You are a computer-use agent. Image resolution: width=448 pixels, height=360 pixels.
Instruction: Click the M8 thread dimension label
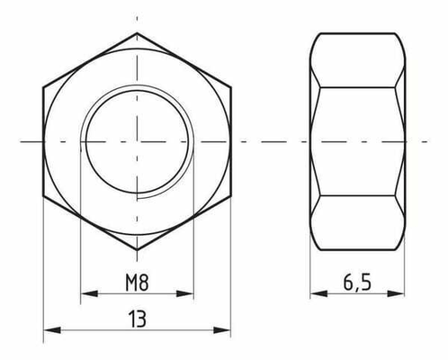(138, 280)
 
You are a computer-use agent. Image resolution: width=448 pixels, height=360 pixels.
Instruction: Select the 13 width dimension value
(138, 319)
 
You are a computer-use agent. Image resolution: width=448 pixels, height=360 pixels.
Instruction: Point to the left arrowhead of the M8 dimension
(85, 293)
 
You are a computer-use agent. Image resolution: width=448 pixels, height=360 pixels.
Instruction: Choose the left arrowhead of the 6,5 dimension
(315, 293)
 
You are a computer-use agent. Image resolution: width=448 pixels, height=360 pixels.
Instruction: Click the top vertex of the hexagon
(138, 34)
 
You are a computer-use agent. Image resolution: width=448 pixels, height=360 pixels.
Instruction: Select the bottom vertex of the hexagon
(138, 248)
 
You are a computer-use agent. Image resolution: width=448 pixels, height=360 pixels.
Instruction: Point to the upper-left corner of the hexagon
(44, 87)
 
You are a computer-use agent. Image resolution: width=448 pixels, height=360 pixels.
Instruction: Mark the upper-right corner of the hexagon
(231, 87)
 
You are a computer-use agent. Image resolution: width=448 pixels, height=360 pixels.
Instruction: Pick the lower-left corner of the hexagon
(44, 195)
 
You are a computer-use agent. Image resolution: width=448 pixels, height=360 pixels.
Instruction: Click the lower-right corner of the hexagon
(231, 195)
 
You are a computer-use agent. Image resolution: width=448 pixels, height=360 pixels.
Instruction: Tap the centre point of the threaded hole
(138, 141)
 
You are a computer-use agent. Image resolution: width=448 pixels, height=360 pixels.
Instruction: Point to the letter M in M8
(130, 280)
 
